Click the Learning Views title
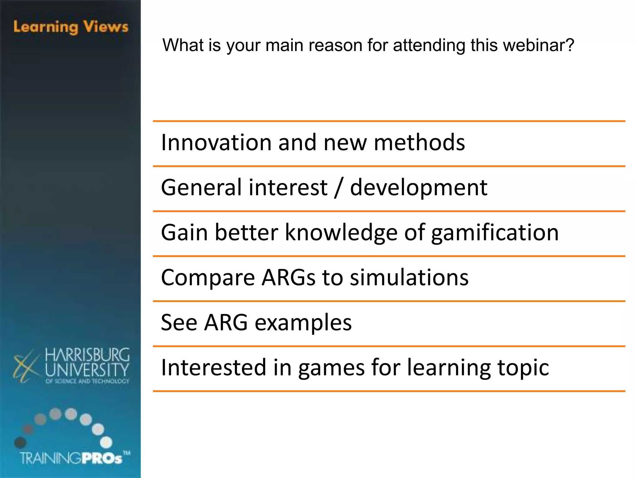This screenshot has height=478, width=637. [x=71, y=27]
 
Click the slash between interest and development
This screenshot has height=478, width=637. [x=338, y=188]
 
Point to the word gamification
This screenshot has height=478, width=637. [x=495, y=233]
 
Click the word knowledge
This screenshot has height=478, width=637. [x=341, y=233]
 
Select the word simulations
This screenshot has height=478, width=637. [x=409, y=278]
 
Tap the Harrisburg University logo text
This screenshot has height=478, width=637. [x=87, y=363]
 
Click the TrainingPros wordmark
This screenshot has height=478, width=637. [x=72, y=458]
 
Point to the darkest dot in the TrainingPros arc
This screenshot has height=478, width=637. [x=20, y=442]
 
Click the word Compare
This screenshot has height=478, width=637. [x=208, y=278]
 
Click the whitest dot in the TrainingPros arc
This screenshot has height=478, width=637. [x=106, y=442]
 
